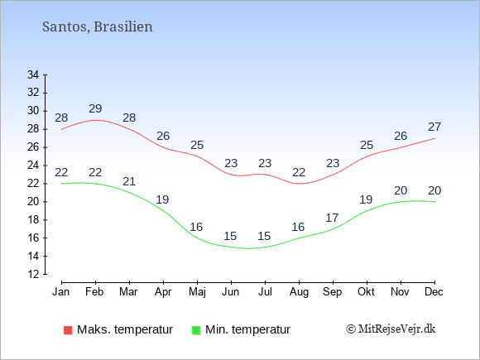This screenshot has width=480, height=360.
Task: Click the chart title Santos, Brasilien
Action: [98, 27]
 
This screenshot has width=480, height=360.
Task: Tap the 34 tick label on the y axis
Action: [33, 74]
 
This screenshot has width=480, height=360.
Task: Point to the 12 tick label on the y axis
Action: [33, 274]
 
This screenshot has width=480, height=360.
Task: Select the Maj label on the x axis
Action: [197, 292]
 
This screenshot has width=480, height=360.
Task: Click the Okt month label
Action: [366, 292]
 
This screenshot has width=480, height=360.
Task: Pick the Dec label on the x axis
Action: [434, 292]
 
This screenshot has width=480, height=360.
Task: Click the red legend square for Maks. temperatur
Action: [68, 330]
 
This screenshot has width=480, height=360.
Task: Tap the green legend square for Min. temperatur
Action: [196, 330]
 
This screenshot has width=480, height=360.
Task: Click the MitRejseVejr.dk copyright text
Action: [391, 329]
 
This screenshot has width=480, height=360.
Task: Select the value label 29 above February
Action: [95, 108]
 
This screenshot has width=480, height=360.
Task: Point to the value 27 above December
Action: [434, 127]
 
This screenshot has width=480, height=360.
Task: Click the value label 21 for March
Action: [129, 181]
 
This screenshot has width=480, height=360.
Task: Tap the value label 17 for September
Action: [332, 218]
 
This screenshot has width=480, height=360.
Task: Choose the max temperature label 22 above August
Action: [299, 172]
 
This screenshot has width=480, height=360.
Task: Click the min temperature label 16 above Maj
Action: [196, 227]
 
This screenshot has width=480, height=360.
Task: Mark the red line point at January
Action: [62, 129]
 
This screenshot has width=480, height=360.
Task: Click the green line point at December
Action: [434, 202]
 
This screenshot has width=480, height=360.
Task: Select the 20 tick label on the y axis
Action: [33, 202]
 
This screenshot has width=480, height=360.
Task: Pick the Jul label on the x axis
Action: [265, 292]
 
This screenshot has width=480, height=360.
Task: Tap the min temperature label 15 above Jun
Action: [230, 236]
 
